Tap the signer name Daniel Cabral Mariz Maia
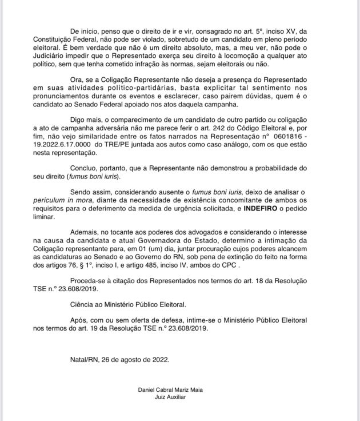pyautogui.click(x=171, y=390)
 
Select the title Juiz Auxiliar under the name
pyautogui.click(x=171, y=397)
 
